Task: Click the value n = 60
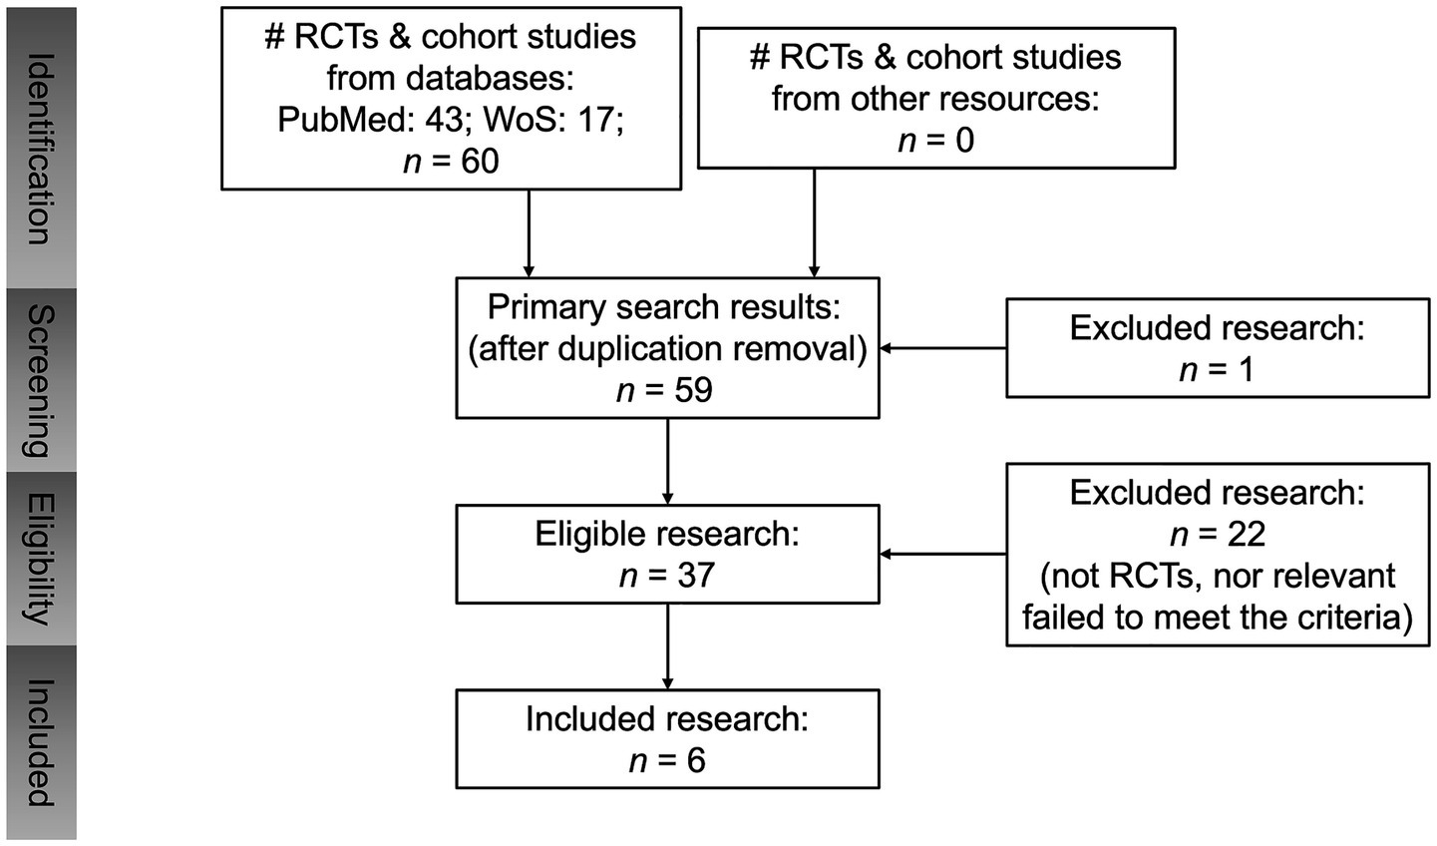[451, 161]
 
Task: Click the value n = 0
[935, 140]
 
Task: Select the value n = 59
[665, 389]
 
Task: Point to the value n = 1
[1217, 369]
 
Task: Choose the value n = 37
[666, 575]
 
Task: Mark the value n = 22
[1217, 535]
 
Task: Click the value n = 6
[666, 761]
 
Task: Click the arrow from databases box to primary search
[529, 233]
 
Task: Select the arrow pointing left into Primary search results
[942, 348]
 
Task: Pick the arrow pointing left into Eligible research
[942, 554]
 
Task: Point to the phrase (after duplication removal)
[667, 348]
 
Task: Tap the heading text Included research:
[666, 719]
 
